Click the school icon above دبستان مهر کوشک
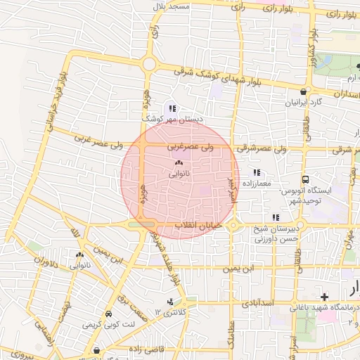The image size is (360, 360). (172, 108)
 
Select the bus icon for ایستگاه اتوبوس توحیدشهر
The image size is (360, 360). (305, 179)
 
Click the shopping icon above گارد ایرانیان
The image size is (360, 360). (303, 91)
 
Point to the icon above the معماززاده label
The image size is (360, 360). (257, 172)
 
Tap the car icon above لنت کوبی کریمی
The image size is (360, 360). (109, 314)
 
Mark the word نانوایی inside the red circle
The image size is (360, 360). (179, 173)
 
